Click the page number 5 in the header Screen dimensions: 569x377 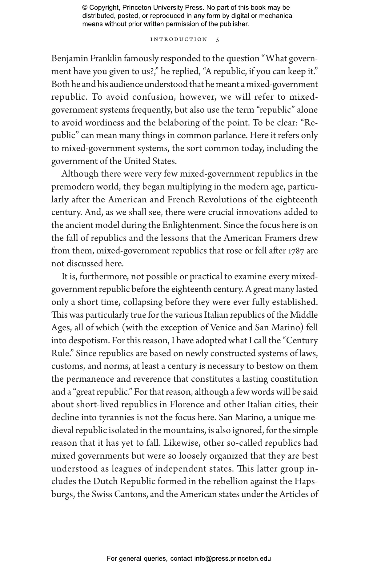pos(218,40)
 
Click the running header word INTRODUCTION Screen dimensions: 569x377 pos(179,39)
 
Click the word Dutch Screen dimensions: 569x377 pos(104,482)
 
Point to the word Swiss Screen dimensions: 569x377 pos(102,495)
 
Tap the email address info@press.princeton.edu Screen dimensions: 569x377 pos(232,559)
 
